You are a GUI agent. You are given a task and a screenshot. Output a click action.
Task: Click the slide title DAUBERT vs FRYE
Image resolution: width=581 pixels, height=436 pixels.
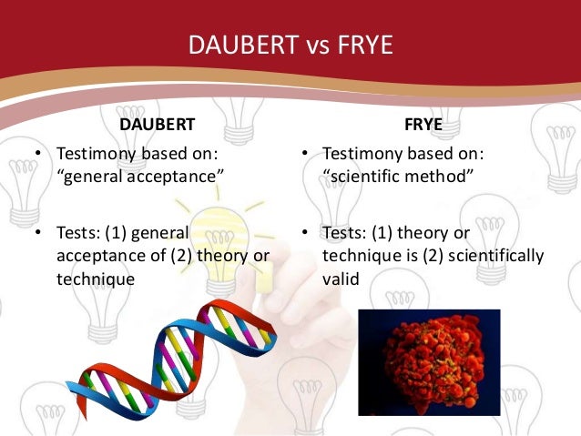click(290, 44)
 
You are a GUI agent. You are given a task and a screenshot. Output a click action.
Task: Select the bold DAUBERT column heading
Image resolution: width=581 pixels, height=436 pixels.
click(158, 124)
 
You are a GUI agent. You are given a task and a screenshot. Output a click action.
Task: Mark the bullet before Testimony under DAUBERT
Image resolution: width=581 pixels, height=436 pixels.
click(38, 153)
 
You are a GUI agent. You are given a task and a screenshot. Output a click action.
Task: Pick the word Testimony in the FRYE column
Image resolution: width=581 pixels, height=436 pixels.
click(362, 153)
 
